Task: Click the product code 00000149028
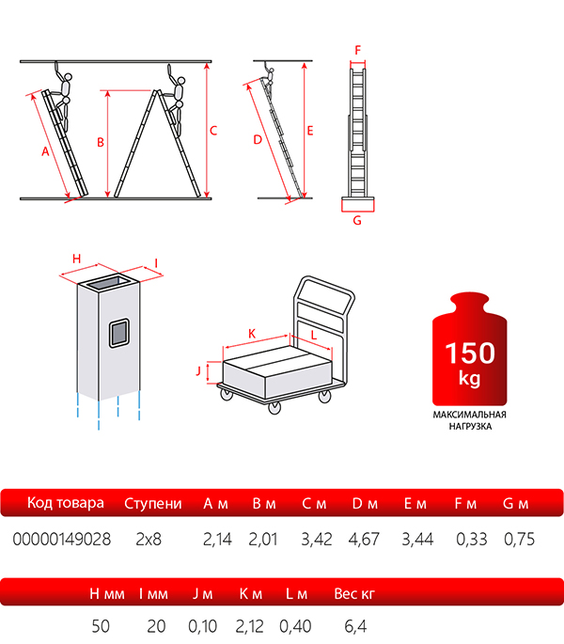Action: (62, 539)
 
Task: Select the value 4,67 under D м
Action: (364, 540)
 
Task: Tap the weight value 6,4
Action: (355, 626)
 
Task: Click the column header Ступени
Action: (153, 504)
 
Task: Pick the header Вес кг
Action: (354, 594)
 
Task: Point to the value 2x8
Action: (149, 540)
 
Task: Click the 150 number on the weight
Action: (470, 353)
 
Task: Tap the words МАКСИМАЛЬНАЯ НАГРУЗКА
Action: (469, 420)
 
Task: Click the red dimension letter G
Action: (357, 221)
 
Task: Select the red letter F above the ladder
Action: (358, 51)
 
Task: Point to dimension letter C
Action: (213, 131)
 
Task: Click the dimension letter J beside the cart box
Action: (199, 370)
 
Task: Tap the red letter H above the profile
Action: (76, 259)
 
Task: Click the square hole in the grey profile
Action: (119, 333)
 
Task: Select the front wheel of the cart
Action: (274, 407)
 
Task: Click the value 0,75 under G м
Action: (519, 540)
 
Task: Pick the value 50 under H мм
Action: (101, 626)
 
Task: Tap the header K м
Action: (251, 594)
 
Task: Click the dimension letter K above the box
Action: (252, 334)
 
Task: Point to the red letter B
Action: (101, 142)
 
